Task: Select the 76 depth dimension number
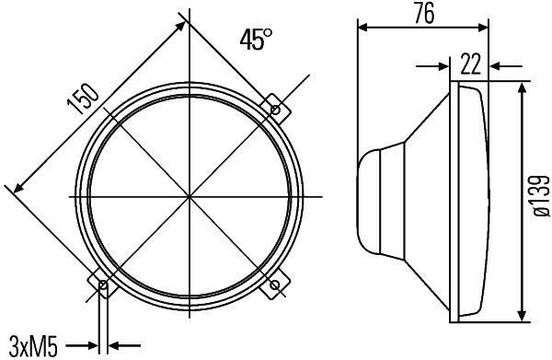(424, 12)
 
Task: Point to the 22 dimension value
(469, 64)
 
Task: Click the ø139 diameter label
(537, 196)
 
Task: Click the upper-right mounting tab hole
(273, 110)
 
